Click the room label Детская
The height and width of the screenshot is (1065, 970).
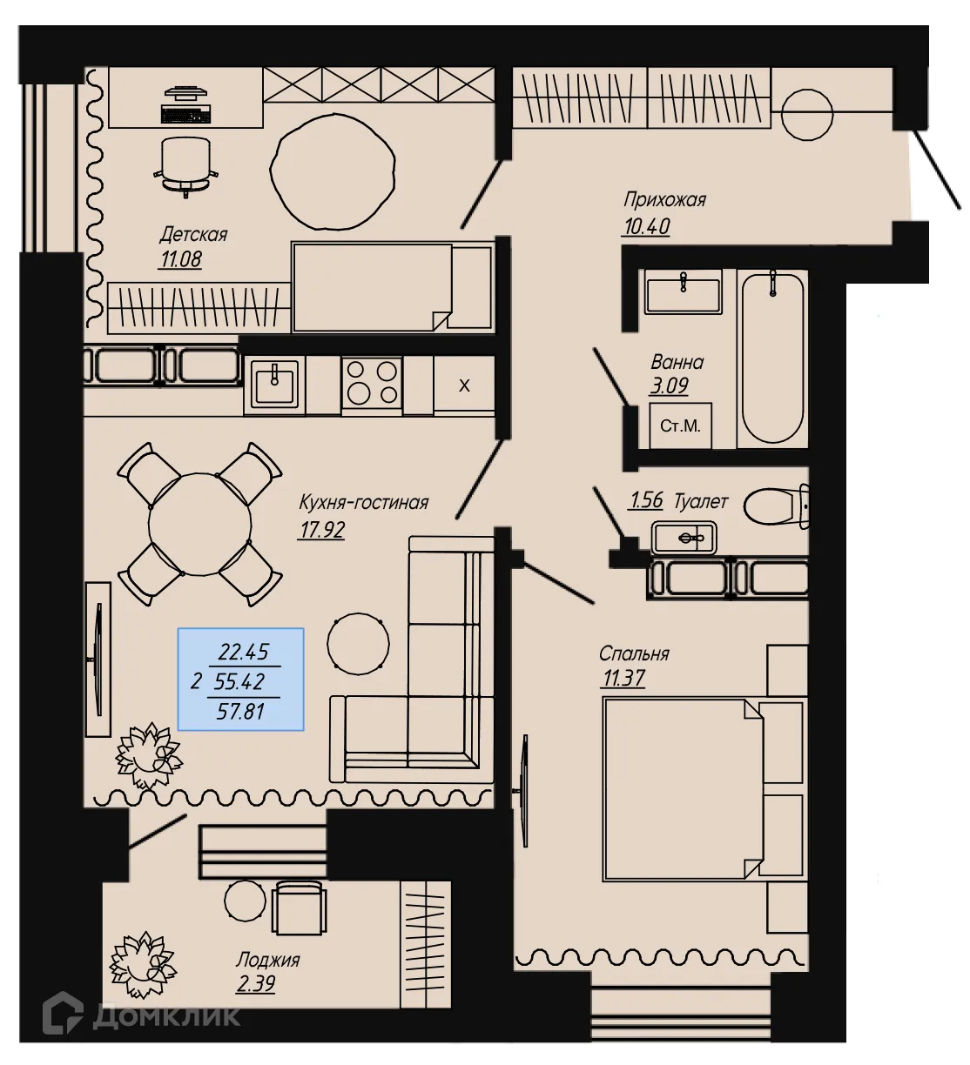tap(192, 234)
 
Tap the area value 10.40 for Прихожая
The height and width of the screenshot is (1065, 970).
tap(646, 227)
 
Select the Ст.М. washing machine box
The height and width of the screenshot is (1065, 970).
tap(680, 426)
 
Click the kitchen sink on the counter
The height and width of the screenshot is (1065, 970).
tap(275, 383)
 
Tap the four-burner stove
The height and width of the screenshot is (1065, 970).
tap(372, 383)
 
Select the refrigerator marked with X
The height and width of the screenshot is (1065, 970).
tap(464, 385)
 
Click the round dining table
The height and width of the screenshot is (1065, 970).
tap(199, 525)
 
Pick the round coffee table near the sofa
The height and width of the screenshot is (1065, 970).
tap(358, 644)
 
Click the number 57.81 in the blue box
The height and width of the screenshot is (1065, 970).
tap(240, 712)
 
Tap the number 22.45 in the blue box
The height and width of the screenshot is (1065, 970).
tap(244, 652)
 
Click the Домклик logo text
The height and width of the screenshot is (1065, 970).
tap(165, 1015)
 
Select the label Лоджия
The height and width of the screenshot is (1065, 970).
tap(267, 960)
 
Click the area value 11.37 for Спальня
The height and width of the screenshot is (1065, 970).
tap(623, 679)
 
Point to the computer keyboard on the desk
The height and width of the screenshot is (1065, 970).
tap(185, 114)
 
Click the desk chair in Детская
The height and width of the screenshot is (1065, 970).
tap(185, 164)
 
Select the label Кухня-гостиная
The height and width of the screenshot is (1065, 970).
tap(363, 503)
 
